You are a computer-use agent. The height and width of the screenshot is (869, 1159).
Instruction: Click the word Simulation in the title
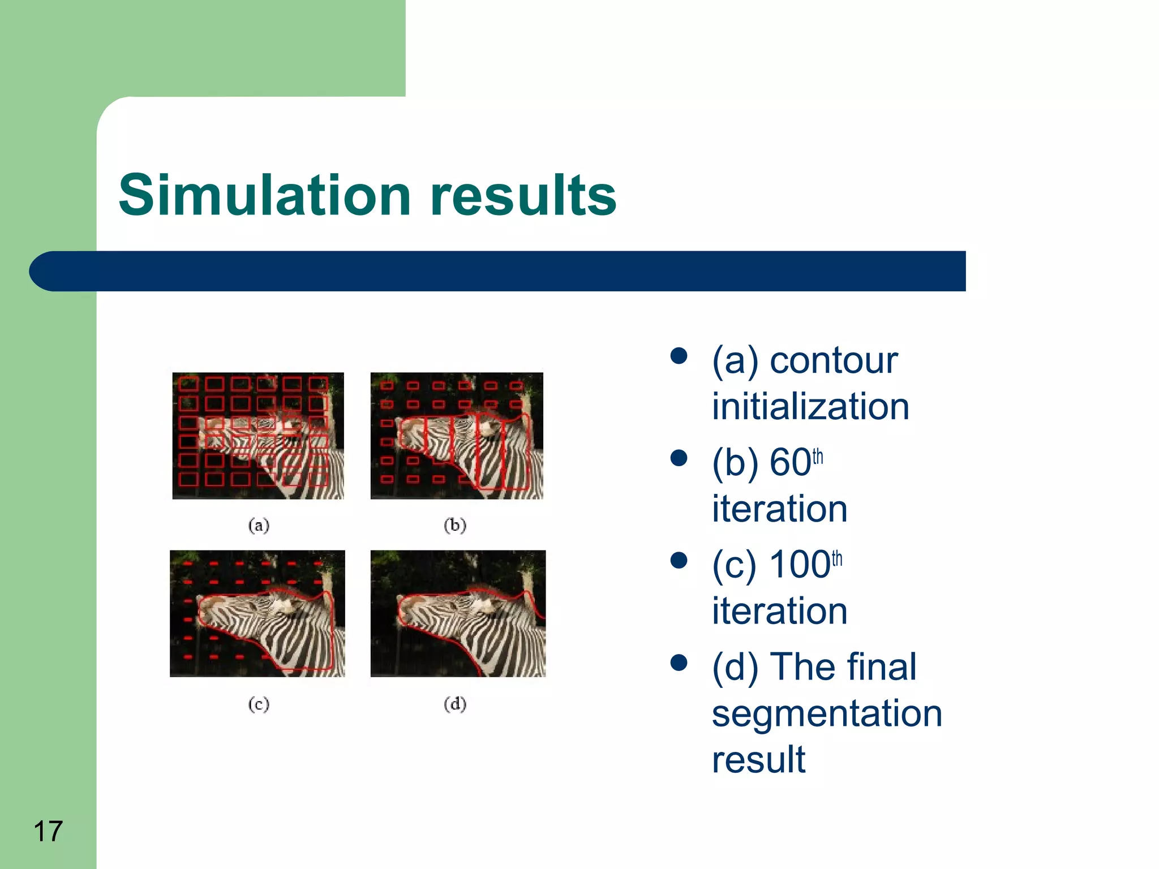(x=264, y=196)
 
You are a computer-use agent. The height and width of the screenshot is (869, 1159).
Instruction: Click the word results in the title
(x=523, y=196)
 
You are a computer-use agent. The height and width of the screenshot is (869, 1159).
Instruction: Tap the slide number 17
(x=48, y=831)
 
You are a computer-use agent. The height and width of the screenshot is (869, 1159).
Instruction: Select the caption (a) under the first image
(x=259, y=526)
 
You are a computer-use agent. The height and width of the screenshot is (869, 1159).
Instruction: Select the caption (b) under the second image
(x=455, y=526)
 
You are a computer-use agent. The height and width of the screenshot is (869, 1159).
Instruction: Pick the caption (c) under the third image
(x=259, y=704)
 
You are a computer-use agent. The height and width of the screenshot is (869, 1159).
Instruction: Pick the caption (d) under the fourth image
(x=455, y=704)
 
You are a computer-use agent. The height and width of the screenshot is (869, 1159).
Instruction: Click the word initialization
(x=810, y=407)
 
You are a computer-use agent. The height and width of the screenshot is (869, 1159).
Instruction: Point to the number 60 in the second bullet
(x=790, y=463)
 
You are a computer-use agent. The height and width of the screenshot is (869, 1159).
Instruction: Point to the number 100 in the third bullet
(x=799, y=565)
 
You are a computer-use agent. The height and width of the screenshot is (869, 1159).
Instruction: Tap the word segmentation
(x=827, y=713)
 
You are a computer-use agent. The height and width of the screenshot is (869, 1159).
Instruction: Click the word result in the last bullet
(x=758, y=760)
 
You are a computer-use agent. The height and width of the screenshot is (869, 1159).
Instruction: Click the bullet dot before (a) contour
(x=679, y=356)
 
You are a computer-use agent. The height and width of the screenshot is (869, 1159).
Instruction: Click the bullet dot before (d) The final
(x=679, y=662)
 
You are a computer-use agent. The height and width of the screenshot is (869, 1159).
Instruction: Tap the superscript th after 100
(x=837, y=559)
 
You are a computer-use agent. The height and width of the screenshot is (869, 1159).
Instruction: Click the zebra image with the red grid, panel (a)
(x=258, y=436)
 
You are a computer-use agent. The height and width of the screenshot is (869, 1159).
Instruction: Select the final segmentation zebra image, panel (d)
(x=458, y=613)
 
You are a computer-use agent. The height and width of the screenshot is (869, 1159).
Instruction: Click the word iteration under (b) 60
(x=779, y=509)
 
